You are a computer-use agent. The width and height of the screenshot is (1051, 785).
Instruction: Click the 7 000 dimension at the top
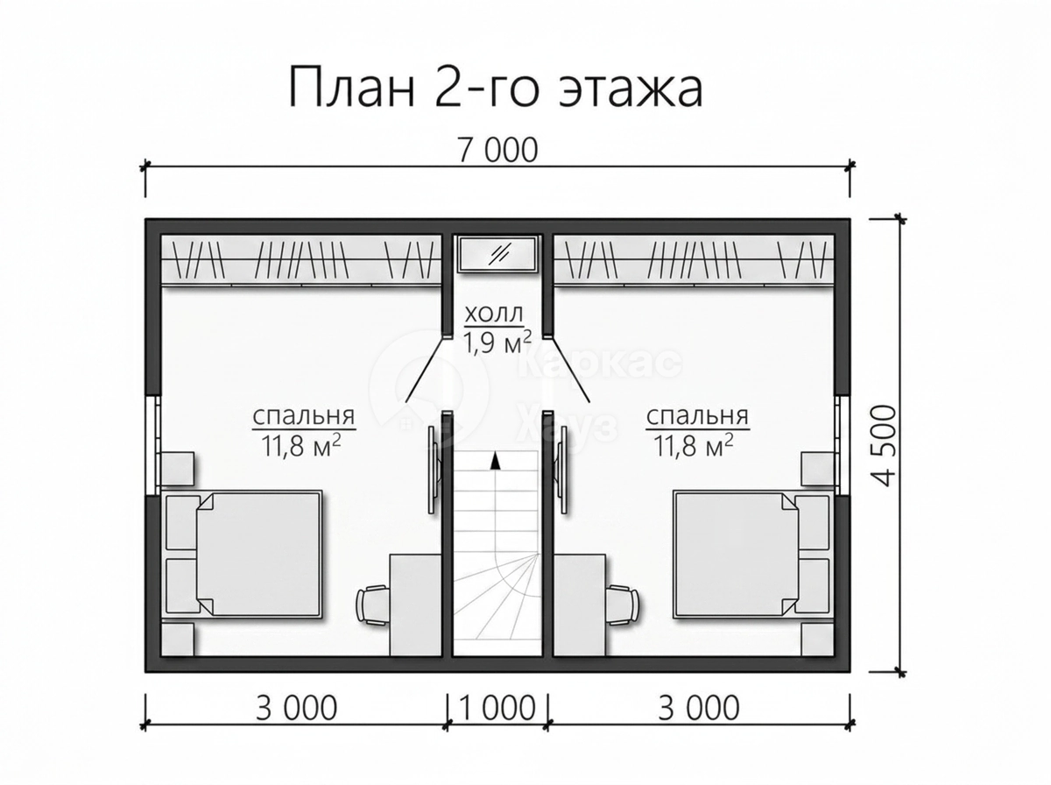498,150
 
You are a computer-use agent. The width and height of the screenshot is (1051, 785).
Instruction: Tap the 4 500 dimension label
882,445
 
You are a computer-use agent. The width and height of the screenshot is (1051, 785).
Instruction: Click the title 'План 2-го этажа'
496,88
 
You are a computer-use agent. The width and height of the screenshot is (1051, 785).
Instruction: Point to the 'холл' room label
494,315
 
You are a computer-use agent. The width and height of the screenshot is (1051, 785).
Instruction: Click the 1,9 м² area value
497,342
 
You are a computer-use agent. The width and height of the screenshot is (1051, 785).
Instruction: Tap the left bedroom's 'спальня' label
304,416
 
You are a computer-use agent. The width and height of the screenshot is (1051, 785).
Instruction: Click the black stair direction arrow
496,461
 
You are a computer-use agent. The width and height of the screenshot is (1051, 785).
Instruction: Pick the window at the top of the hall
497,254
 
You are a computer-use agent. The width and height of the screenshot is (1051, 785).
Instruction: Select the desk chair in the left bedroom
374,605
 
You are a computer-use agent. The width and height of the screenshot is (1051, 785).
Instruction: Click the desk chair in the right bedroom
621,605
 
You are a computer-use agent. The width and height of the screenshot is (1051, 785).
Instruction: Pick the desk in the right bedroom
579,605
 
